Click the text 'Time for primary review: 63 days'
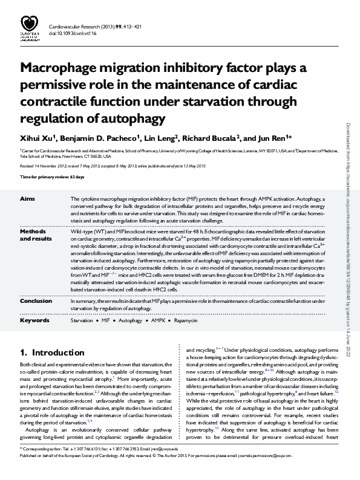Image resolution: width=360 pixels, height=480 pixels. click(x=52, y=177)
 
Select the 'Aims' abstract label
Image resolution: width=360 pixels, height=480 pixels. click(x=28, y=198)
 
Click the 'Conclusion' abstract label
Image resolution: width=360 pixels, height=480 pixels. click(x=36, y=300)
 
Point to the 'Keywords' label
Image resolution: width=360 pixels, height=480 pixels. click(x=34, y=320)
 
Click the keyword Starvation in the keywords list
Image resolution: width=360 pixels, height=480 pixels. click(x=82, y=320)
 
